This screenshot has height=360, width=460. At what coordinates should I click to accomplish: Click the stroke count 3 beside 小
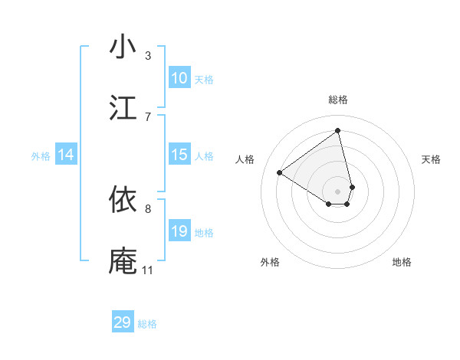(x=147, y=56)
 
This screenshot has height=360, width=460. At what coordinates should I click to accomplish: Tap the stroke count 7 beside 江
(x=147, y=116)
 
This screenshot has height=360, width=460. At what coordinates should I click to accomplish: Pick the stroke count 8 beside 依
(x=147, y=208)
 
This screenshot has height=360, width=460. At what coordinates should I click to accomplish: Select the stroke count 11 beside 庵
(x=147, y=269)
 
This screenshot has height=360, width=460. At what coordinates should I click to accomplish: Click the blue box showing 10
(x=179, y=78)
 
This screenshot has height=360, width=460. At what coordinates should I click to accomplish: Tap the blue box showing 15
(x=179, y=155)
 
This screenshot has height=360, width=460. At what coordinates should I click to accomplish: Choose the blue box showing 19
(x=179, y=231)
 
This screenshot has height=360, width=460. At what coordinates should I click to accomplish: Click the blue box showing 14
(x=66, y=155)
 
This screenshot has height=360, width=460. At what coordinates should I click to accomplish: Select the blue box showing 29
(x=123, y=322)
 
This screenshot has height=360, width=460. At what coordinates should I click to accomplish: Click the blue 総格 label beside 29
(x=147, y=324)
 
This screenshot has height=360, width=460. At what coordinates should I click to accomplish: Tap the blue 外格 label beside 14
(x=41, y=156)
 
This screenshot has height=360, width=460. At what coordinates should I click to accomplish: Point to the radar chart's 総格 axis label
(x=338, y=100)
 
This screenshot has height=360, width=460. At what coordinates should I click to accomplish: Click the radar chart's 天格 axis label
(x=431, y=159)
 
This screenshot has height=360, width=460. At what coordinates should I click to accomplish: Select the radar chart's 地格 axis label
(x=402, y=262)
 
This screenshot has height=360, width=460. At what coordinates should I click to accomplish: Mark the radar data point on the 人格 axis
(x=280, y=172)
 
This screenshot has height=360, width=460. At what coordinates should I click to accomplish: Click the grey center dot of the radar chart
(x=338, y=191)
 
